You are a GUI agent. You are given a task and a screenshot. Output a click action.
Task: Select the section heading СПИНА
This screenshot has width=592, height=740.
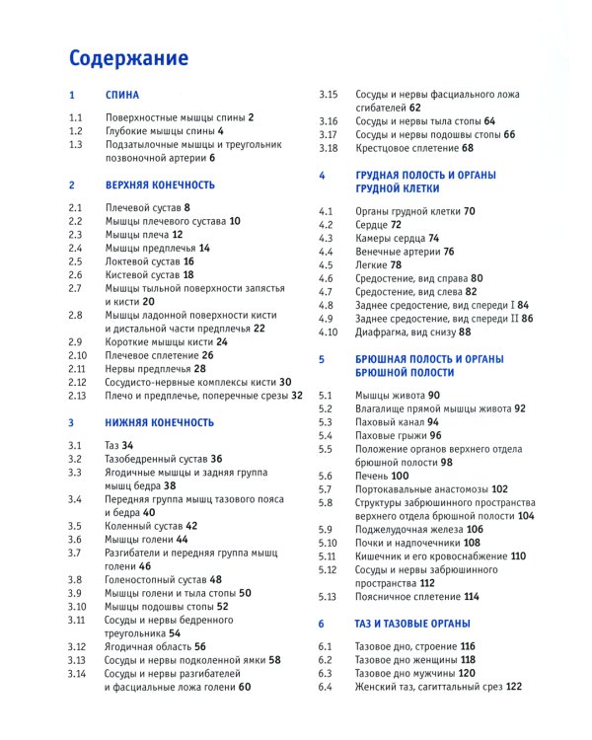point(123,97)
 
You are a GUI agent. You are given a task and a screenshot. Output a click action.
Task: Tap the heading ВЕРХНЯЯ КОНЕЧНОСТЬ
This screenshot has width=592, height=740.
point(160,185)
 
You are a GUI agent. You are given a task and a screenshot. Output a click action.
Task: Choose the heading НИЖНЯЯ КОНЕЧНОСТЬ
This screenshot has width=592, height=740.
point(159,421)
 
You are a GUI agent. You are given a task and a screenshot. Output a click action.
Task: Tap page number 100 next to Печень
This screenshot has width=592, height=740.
point(400,476)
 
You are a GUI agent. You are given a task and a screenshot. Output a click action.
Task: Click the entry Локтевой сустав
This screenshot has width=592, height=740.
point(143,261)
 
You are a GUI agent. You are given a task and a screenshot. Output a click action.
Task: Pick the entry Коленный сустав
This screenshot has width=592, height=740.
point(144,526)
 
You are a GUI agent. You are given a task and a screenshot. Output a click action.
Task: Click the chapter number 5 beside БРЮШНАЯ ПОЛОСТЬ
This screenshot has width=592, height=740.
point(322,360)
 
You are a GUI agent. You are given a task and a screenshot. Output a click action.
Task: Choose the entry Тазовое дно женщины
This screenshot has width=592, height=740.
point(405,659)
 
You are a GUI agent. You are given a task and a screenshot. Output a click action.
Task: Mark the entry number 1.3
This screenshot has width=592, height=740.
point(76,144)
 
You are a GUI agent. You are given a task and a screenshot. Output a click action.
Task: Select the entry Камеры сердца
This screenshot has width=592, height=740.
point(391,238)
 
